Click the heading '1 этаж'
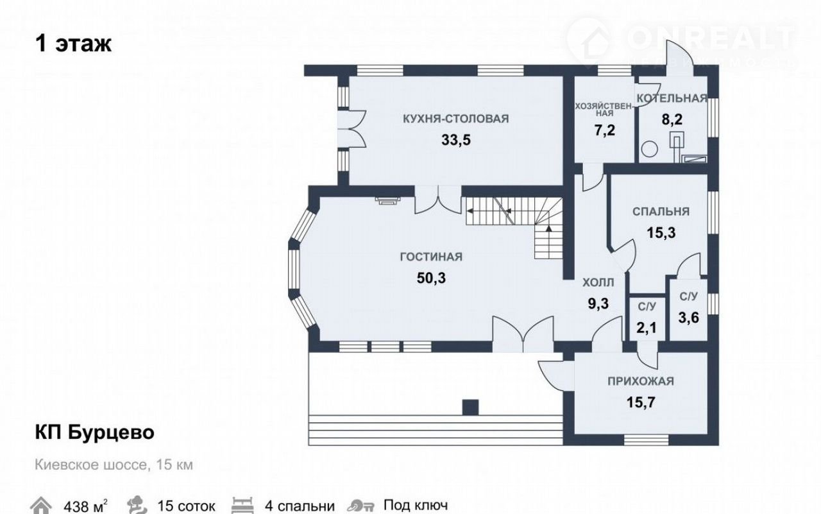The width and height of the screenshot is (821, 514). [x=73, y=44]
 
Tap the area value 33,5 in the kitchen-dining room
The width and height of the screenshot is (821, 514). [x=455, y=140]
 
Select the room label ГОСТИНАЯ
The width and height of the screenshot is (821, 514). [x=431, y=257]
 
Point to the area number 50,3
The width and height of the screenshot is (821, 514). [x=431, y=278]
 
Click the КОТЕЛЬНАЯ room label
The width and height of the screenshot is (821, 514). [x=672, y=98]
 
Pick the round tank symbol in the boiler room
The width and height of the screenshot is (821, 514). [x=649, y=150]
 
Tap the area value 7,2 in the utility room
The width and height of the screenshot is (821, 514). [x=604, y=130]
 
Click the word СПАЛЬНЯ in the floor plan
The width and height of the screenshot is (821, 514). [x=661, y=212]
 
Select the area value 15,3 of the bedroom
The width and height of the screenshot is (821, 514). [x=661, y=233]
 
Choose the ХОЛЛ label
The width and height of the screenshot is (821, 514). [x=598, y=282]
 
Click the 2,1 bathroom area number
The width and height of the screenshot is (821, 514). [x=646, y=328]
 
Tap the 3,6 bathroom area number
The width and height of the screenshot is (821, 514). [x=688, y=318]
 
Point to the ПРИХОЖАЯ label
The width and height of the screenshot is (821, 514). [x=641, y=381]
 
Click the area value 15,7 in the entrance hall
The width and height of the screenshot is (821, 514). [x=641, y=402]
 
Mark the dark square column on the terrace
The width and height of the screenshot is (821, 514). [x=470, y=407]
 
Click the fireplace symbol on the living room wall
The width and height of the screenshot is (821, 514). [x=387, y=200]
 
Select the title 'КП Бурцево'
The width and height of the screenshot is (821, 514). [x=94, y=433]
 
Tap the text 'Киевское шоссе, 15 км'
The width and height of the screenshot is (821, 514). [x=114, y=465]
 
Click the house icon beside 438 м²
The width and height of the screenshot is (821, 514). [x=40, y=505]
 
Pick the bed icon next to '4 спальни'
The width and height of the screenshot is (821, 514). [x=242, y=505]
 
